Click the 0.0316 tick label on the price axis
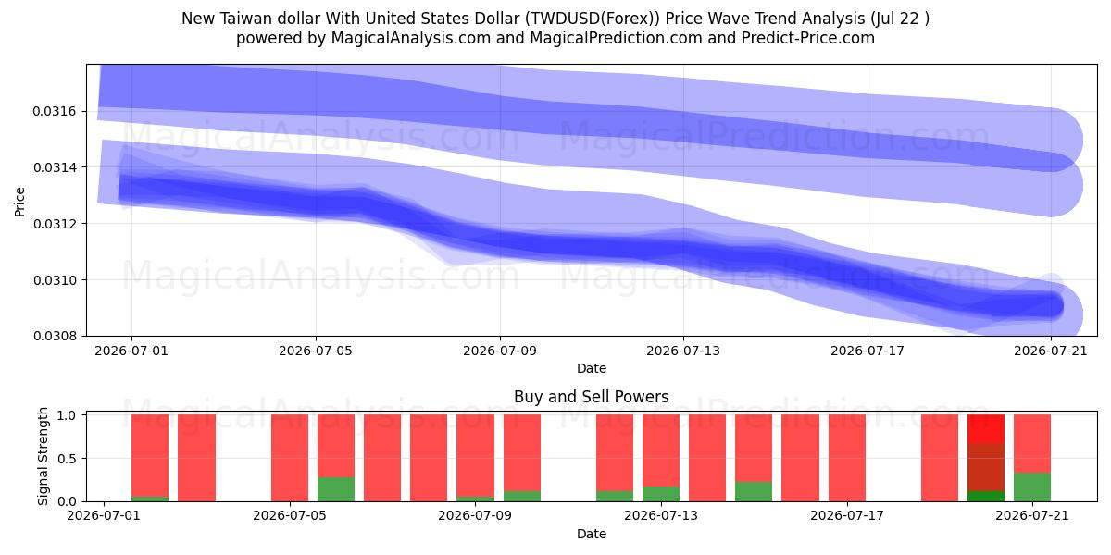point(55,112)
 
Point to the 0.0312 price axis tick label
point(55,224)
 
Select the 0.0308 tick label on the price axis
point(55,336)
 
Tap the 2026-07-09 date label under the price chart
point(499,351)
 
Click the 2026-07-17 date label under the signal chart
point(846,515)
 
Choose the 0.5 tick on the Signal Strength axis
point(67,459)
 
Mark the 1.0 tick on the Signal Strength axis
point(67,415)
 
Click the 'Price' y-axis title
point(19,202)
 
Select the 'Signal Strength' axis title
point(44,456)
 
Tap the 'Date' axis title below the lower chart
point(592,534)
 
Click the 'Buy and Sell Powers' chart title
point(592,397)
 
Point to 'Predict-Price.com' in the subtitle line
point(808,38)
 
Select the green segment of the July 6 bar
point(336,489)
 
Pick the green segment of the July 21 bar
point(1031,487)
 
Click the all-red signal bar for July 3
point(196,458)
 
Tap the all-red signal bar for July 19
point(940,458)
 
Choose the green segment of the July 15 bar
point(754,491)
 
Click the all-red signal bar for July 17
point(846,458)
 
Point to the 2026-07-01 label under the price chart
point(131,351)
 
